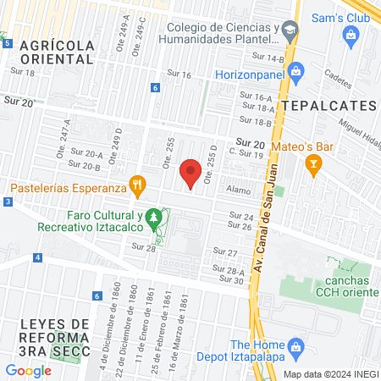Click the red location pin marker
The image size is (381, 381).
pyautogui.click(x=191, y=174)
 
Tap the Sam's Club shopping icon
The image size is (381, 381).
pyautogui.click(x=351, y=34)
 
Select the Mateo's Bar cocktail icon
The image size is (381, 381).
pyautogui.click(x=314, y=163)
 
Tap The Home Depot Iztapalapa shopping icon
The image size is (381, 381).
pyautogui.click(x=295, y=345)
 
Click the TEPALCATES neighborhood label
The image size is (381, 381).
pyautogui.click(x=329, y=104)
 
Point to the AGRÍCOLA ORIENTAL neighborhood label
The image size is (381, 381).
pyautogui.click(x=57, y=52)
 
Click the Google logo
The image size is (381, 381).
pyautogui.click(x=28, y=370)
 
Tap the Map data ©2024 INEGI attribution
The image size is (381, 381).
pyautogui.click(x=329, y=373)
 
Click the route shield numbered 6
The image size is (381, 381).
pyautogui.click(x=155, y=87)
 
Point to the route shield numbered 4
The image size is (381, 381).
pyautogui.click(x=37, y=257)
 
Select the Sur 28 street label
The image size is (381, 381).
pyautogui.click(x=144, y=246)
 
